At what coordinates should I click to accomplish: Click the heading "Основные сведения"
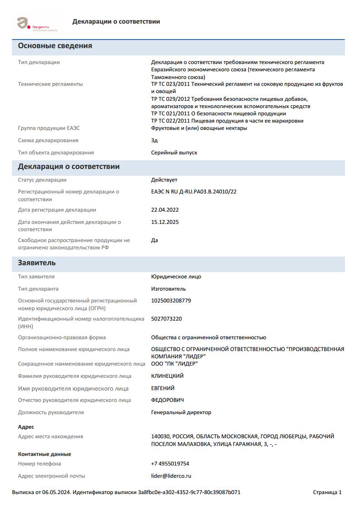55,46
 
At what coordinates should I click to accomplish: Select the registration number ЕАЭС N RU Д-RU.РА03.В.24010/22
194,192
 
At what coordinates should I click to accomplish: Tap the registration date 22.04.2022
165,210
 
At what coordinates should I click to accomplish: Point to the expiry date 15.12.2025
165,222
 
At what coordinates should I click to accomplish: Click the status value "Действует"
164,180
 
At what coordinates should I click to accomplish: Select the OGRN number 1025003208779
171,301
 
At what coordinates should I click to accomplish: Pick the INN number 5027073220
167,319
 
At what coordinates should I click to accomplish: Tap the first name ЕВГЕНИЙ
163,388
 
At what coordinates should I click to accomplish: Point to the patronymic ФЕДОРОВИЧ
168,400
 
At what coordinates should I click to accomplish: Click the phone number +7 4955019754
170,464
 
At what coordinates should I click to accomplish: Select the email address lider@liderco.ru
171,476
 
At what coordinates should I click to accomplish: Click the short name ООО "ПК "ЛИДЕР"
175,364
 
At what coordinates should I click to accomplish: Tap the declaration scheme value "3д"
154,140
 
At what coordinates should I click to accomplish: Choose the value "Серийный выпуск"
174,153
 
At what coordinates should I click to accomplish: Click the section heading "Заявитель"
37,263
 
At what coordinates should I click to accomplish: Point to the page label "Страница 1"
327,492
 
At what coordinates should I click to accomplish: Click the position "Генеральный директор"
181,412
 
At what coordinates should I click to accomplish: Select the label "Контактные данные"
44,454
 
